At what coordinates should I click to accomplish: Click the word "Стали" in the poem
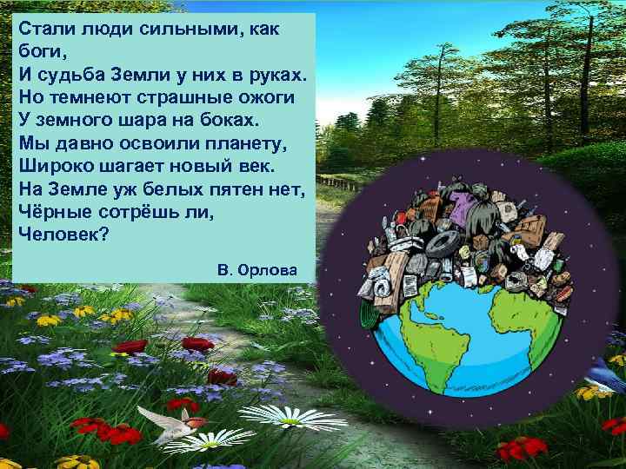42,29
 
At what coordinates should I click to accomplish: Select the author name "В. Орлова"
257,270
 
